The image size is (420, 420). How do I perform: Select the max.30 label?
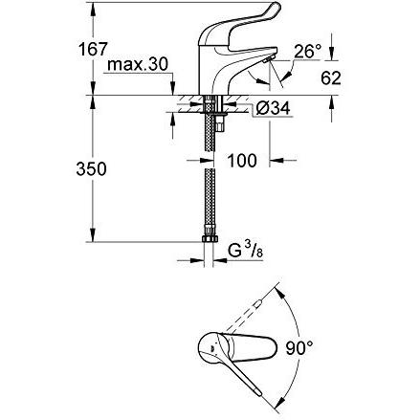pos(136,65)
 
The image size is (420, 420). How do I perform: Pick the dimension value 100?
pos(242,160)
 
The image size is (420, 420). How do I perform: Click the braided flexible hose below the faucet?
pos(208,191)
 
